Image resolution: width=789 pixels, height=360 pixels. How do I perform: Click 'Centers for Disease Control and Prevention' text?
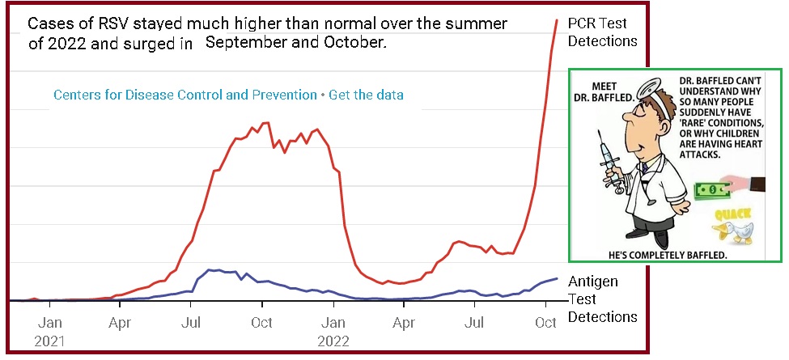click(185, 95)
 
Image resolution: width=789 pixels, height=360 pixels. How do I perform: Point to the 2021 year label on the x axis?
click(49, 341)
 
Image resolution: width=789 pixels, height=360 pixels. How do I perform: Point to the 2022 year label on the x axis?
click(333, 341)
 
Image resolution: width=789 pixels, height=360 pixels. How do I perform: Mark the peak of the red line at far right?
click(557, 19)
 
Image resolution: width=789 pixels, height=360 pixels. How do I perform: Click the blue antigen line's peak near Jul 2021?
click(210, 269)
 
